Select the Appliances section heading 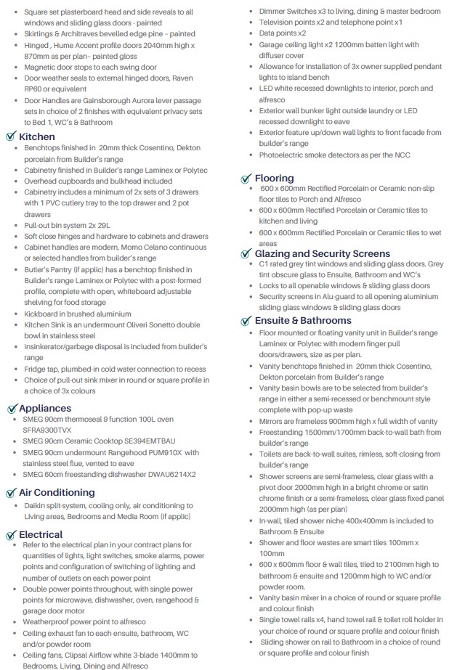click(x=45, y=408)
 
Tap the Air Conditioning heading click(x=57, y=492)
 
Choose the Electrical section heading click(x=41, y=534)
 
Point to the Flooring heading click(x=275, y=178)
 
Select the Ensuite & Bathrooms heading click(x=303, y=320)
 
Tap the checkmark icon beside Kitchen click(x=11, y=136)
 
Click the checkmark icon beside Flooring click(x=247, y=178)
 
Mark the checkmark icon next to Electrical click(x=11, y=534)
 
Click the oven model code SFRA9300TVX click(x=54, y=430)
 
